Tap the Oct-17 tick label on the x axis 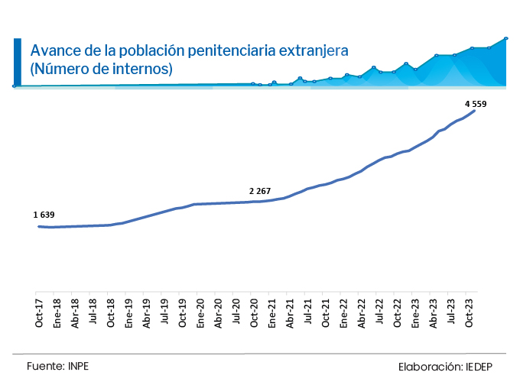(38, 311)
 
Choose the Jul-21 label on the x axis (307, 311)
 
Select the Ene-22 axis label (343, 311)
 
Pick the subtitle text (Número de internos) (101, 69)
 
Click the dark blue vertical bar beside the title (18, 60)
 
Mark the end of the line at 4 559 (476, 111)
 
